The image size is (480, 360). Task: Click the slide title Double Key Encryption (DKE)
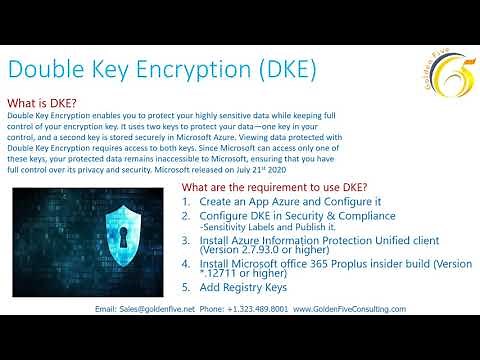point(163,69)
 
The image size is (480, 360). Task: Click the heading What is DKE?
point(42,103)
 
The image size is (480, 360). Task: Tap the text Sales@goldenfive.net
point(149,309)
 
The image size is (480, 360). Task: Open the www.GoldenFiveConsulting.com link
point(349,309)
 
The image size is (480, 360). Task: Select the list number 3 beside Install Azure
point(186,241)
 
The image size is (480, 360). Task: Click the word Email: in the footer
point(106,309)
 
